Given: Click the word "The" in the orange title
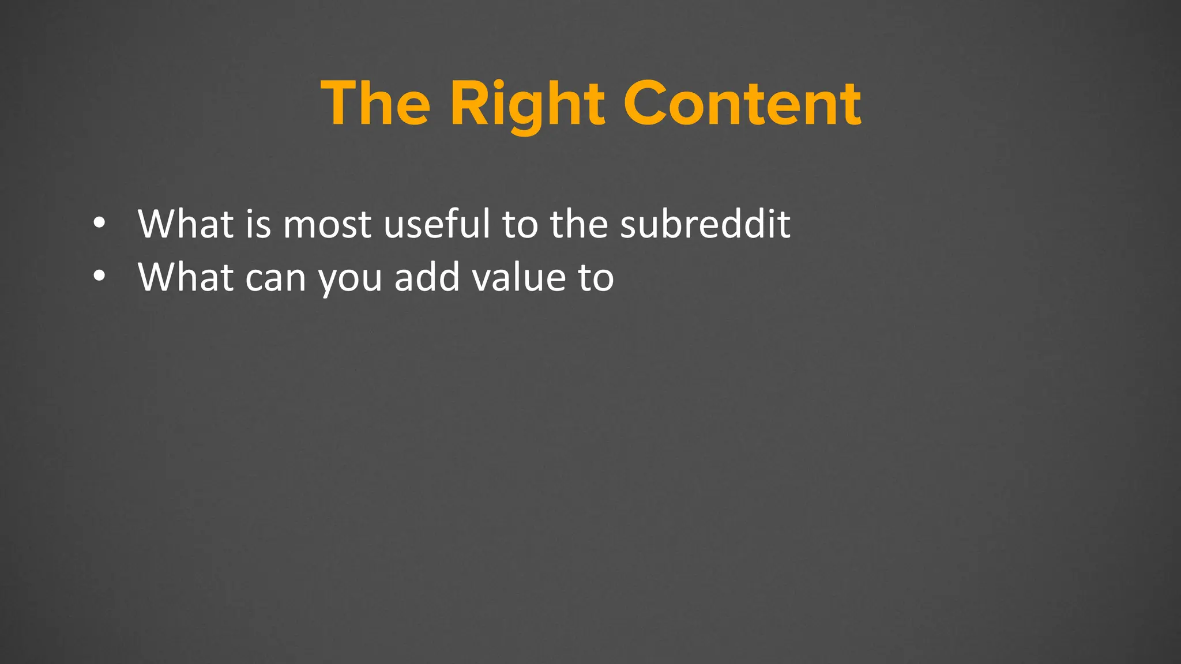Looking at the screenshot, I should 375,104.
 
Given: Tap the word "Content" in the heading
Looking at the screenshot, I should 742,104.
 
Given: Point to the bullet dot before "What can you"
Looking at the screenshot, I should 99,276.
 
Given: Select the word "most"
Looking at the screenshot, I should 327,225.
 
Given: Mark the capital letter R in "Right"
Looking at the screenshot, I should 468,104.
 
